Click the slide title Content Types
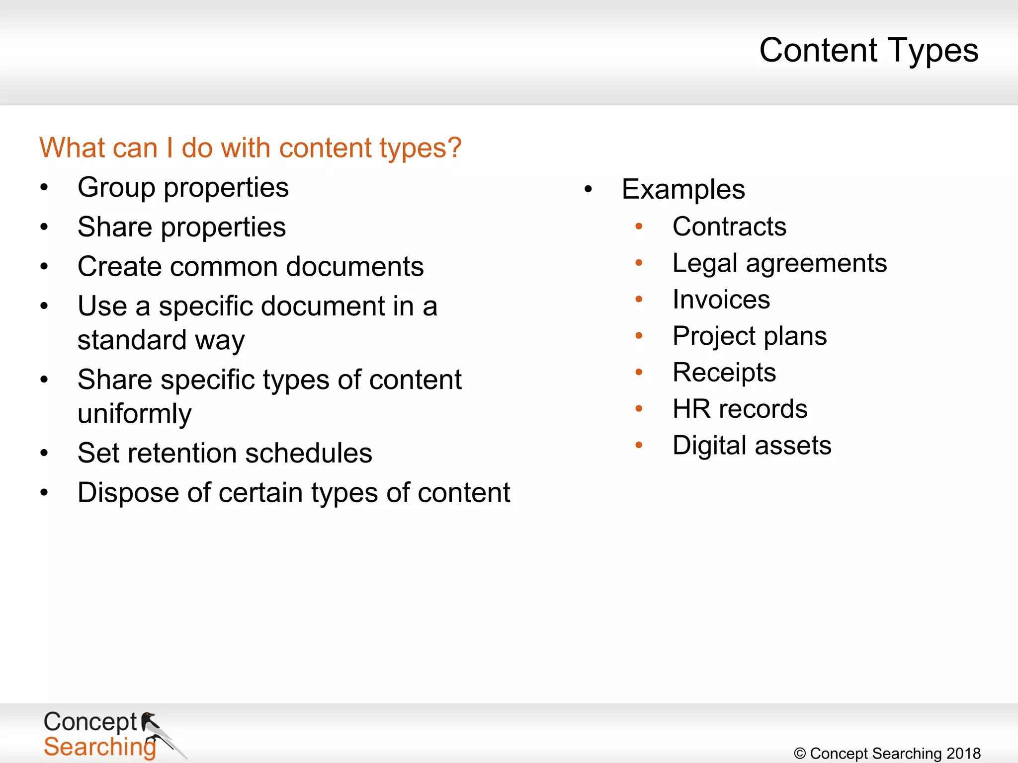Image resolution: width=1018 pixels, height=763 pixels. point(868,50)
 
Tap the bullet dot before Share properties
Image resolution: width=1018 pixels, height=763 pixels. point(44,227)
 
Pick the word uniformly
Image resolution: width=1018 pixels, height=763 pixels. point(134,414)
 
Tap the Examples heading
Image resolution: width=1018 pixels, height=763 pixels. point(683,189)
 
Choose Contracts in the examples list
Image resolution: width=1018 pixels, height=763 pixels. point(729,227)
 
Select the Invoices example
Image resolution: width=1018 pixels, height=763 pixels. point(721,300)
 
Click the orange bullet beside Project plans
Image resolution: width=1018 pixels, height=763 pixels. point(639,336)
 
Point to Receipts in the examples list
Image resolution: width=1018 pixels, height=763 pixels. point(724,373)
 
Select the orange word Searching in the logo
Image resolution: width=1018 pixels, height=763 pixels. point(99,747)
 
